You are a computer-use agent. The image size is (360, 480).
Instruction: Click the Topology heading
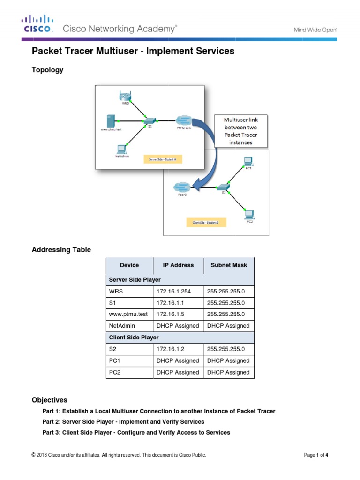[47, 70]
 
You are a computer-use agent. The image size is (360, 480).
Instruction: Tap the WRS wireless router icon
[125, 98]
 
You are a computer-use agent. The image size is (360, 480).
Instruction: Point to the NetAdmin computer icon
[121, 149]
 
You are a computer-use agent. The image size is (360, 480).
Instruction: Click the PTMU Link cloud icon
[183, 120]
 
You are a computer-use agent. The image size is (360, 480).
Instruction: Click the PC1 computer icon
[248, 161]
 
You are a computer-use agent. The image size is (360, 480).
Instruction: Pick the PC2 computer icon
[249, 214]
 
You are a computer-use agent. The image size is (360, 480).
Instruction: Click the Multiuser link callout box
[241, 131]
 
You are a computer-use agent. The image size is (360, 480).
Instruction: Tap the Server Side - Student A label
[163, 159]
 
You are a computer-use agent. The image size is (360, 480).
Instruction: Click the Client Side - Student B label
[205, 222]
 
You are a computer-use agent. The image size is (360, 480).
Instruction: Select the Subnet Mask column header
[229, 265]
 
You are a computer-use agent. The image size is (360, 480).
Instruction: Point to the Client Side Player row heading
[134, 337]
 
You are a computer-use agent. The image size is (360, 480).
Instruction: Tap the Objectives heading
[49, 400]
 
